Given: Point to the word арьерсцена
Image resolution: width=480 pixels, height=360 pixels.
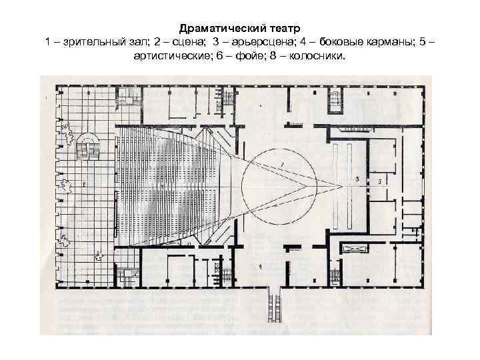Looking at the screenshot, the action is click(x=241, y=43).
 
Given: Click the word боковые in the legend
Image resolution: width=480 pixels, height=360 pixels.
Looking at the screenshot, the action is click(x=325, y=43).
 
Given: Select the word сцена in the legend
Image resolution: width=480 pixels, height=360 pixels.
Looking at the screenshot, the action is click(x=180, y=43).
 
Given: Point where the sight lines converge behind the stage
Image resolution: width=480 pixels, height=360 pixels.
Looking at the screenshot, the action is click(x=341, y=185).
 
